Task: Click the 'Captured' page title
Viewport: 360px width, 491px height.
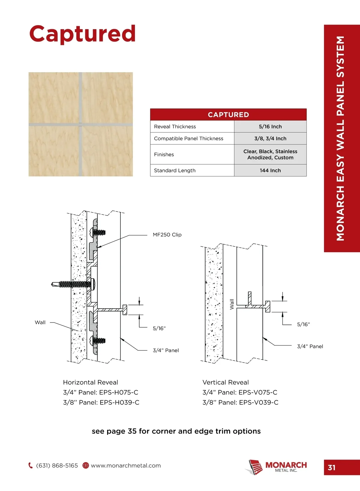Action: [82, 34]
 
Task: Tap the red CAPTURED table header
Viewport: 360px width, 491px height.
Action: [228, 115]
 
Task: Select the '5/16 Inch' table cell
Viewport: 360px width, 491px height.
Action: [270, 126]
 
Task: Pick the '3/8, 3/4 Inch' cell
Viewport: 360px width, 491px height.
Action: [270, 138]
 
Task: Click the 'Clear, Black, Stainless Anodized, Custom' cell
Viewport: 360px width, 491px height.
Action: [270, 154]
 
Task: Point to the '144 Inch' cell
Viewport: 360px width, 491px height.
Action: [270, 170]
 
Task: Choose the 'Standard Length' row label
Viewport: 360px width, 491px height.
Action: [175, 170]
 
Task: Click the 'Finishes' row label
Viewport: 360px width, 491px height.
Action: [164, 154]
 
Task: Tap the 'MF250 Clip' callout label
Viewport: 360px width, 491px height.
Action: [167, 235]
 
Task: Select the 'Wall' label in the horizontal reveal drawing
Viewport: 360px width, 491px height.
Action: [40, 323]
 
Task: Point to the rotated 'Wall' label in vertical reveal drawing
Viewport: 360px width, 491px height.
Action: [232, 304]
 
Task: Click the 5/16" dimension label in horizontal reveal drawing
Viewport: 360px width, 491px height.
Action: [159, 329]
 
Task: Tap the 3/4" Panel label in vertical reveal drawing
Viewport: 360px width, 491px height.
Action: [310, 347]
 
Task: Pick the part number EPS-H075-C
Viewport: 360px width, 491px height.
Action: [119, 392]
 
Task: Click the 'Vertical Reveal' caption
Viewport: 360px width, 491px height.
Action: [226, 382]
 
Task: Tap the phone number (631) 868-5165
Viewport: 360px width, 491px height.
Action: [57, 466]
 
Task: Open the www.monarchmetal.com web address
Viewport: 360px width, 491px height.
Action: [126, 466]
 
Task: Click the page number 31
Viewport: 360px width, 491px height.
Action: [331, 468]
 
